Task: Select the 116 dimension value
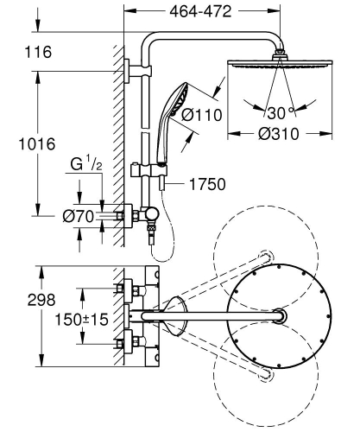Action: [35, 54]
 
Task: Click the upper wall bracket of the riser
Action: [129, 69]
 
